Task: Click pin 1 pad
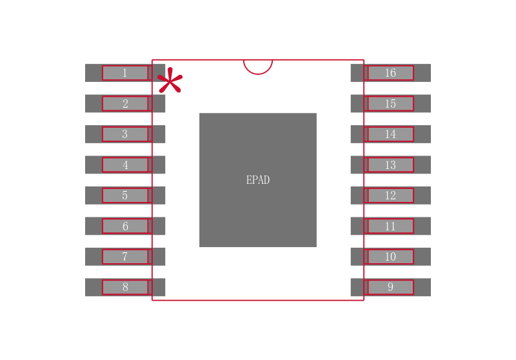coord(125,73)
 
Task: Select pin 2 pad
coord(125,104)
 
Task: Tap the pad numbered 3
coord(125,134)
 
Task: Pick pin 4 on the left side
coord(125,165)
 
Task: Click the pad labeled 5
coord(125,195)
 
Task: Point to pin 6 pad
coord(125,226)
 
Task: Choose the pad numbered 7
coord(125,257)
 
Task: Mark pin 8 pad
coord(125,288)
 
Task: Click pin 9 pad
coord(390,288)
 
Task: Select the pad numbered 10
coord(390,257)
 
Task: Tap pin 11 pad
coord(390,226)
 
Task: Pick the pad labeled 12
coord(390,195)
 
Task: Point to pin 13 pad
coord(390,165)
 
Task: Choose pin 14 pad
coord(390,134)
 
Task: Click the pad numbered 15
coord(390,104)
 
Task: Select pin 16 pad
coord(390,73)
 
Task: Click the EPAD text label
coord(258,181)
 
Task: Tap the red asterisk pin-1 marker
coord(170,81)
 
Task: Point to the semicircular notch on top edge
coord(258,66)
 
